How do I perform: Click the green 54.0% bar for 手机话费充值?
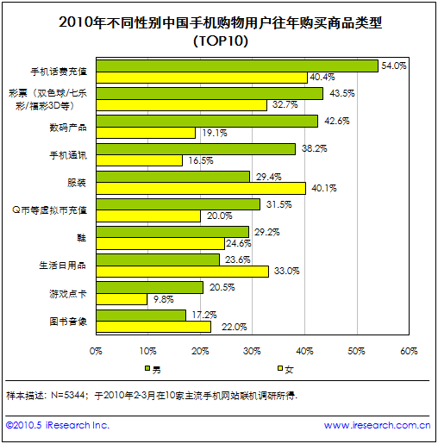click(x=237, y=66)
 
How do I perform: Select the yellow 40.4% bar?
click(x=202, y=78)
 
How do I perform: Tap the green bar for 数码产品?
click(x=207, y=121)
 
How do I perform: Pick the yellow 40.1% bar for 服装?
click(x=201, y=188)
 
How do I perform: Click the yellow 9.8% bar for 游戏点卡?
click(x=122, y=298)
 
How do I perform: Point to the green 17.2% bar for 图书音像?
click(x=141, y=315)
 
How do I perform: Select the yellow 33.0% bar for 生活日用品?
click(x=182, y=271)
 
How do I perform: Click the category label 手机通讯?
click(x=72, y=154)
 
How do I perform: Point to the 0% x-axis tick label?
click(x=97, y=350)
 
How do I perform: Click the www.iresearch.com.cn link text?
click(x=377, y=425)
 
